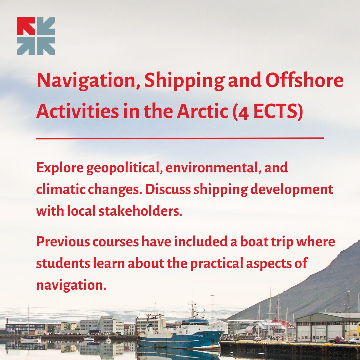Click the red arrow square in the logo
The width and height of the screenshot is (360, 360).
[26, 26]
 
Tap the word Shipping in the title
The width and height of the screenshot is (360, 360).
[184, 81]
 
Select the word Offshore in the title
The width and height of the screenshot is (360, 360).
[304, 80]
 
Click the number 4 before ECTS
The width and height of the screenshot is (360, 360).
[244, 113]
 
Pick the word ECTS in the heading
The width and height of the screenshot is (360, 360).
[275, 111]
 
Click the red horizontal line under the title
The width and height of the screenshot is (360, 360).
[180, 138]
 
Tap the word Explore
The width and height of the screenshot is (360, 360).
[60, 168]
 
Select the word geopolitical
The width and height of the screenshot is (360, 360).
[123, 168]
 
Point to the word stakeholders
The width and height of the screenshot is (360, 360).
[141, 211]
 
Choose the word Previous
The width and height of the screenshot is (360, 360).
[63, 242]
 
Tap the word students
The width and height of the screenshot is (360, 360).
[63, 263]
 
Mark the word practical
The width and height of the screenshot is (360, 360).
[217, 264]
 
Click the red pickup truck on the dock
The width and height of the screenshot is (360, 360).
[337, 340]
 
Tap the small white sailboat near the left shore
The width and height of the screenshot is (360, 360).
[30, 339]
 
